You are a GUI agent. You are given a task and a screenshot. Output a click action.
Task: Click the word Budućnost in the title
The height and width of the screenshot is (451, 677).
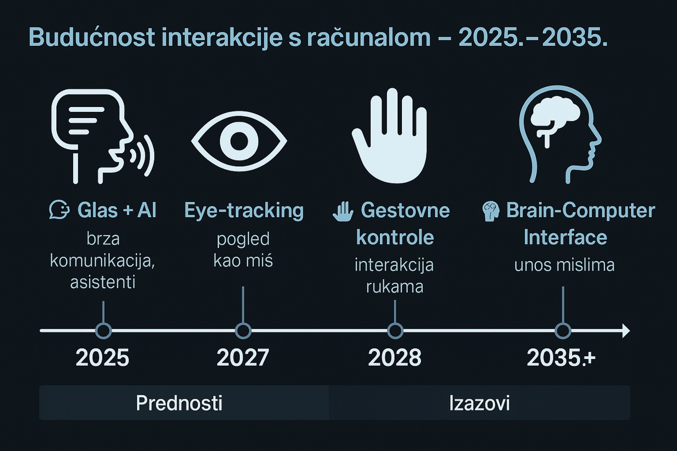click(92, 37)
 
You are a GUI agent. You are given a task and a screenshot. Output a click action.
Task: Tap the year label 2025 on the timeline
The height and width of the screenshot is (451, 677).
click(102, 357)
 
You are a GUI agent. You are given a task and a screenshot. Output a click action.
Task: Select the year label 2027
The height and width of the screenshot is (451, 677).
click(243, 357)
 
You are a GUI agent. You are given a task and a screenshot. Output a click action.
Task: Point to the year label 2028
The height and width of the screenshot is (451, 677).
click(395, 357)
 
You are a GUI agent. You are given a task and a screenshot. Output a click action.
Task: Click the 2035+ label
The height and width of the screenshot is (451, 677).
click(561, 357)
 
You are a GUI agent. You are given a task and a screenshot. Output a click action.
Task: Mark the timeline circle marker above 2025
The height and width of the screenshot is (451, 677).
click(103, 331)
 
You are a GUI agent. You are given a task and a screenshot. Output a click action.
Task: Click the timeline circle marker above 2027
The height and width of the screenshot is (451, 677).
click(243, 331)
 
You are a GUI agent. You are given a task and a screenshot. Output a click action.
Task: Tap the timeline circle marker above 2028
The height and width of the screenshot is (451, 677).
click(395, 331)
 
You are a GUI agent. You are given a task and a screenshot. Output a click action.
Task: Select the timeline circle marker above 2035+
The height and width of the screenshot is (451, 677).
click(563, 331)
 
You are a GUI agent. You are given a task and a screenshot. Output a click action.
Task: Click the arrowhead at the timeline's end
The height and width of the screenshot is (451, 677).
click(626, 331)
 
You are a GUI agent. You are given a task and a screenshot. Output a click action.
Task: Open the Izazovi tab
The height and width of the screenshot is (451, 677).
click(480, 403)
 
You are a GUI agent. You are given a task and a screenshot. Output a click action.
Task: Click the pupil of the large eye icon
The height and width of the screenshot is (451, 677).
click(239, 141)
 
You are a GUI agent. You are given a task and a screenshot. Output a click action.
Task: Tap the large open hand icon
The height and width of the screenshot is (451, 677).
click(390, 136)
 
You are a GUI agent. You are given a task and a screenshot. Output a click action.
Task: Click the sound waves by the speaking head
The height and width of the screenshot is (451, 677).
click(143, 156)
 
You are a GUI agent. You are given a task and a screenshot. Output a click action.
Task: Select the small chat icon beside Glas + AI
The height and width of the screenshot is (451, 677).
click(59, 209)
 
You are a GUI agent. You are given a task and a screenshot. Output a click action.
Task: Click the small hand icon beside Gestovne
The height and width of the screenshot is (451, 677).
click(343, 211)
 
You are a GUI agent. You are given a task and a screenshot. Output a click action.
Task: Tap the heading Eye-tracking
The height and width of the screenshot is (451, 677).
click(244, 210)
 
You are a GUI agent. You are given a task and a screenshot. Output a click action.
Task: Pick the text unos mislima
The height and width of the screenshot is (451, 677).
click(564, 265)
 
